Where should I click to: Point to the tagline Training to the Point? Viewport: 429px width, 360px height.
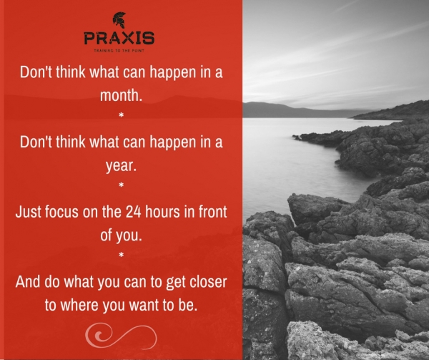coord(119,52)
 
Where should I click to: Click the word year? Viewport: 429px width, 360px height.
coord(122,165)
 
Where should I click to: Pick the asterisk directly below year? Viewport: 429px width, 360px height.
coord(122,186)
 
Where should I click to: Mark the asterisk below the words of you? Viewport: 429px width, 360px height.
coord(122,256)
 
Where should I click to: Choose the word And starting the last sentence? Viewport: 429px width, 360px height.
coord(29,281)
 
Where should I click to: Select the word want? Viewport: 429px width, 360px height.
coord(153,303)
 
